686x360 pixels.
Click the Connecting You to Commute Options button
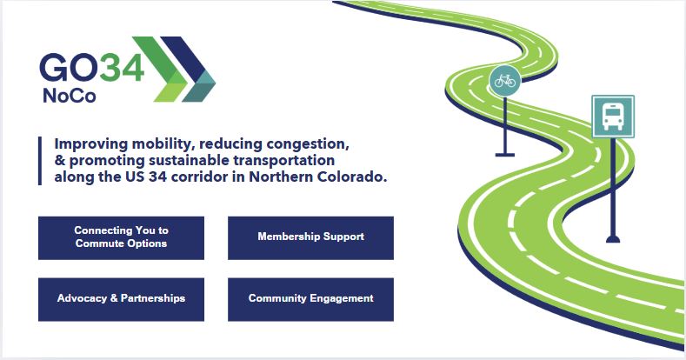pos(121,238)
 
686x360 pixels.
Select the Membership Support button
pos(310,238)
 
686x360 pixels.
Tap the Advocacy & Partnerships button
pos(121,299)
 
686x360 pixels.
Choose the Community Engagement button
pos(310,299)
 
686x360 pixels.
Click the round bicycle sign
pos(505,81)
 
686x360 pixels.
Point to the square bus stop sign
pos(612,117)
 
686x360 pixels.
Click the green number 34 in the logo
pos(122,67)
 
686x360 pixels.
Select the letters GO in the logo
pos(70,67)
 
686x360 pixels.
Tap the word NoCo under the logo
pos(70,96)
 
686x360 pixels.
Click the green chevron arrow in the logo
pos(165,69)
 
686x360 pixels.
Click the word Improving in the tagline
pos(91,143)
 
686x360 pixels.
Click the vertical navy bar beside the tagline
pos(40,161)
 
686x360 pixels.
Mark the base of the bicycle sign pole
pos(505,155)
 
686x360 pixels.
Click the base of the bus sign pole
pos(612,239)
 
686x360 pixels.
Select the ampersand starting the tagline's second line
pos(60,160)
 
